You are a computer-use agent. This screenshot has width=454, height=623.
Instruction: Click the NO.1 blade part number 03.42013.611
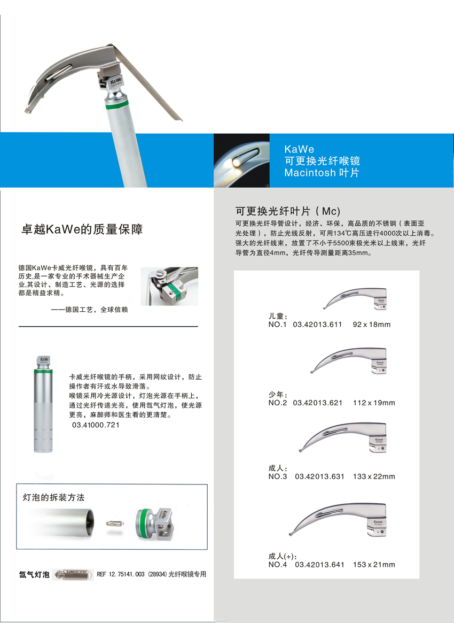(317, 324)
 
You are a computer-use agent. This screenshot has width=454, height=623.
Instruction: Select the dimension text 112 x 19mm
(374, 403)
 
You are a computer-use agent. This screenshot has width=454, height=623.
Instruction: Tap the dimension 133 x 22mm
(374, 476)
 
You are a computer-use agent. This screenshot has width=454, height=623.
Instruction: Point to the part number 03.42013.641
(319, 565)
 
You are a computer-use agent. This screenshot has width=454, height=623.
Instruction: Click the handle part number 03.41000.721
(96, 425)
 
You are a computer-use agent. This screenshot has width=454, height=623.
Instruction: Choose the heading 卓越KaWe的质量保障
(82, 229)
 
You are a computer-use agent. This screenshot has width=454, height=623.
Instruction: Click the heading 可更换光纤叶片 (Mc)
(288, 211)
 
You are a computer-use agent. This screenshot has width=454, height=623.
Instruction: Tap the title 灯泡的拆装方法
(53, 497)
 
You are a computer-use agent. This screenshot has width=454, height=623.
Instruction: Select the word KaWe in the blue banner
(299, 149)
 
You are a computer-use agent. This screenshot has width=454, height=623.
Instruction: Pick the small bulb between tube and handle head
(115, 524)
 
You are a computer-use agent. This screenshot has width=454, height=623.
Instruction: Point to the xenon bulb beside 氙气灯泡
(73, 574)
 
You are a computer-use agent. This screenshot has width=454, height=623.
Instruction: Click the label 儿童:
(278, 316)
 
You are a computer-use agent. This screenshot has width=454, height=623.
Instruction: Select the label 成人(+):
(283, 556)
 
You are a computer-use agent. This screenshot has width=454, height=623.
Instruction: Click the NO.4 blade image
(338, 519)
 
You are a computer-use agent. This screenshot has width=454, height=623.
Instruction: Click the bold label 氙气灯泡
(34, 574)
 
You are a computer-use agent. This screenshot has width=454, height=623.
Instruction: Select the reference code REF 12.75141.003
(121, 574)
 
